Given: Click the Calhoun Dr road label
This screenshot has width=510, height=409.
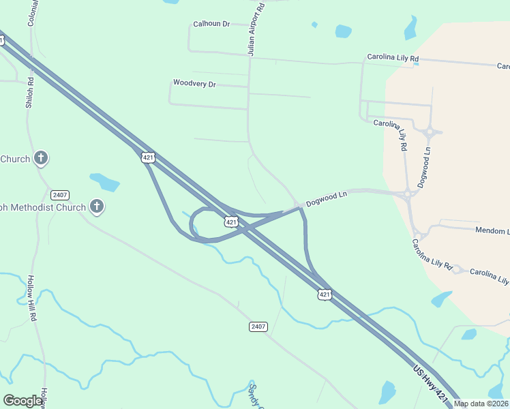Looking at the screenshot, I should [211, 24].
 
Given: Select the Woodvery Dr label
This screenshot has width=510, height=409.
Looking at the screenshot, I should [194, 84].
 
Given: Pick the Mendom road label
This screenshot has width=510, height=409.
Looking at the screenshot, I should [492, 231].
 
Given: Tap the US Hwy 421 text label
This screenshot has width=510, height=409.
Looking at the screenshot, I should [431, 386].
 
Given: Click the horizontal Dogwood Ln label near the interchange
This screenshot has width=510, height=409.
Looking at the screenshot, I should [327, 198].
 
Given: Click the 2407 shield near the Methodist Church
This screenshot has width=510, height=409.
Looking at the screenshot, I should [61, 194].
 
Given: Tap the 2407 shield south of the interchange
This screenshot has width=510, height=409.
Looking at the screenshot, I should [258, 327].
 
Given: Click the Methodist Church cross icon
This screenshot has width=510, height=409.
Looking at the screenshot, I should [97, 207].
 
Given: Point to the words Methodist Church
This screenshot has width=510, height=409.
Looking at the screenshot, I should [45, 207].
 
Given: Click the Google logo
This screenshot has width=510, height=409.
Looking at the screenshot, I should [22, 401].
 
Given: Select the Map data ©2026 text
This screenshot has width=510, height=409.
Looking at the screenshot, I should [480, 404].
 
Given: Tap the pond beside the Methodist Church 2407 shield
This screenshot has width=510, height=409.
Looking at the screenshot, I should [105, 182].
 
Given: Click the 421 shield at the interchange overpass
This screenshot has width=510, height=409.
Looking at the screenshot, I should [231, 222].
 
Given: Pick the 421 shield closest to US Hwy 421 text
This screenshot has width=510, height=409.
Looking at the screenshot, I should [325, 294].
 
